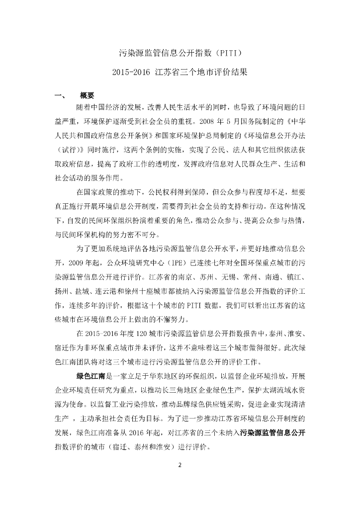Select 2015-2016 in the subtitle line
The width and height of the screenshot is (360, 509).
(131, 72)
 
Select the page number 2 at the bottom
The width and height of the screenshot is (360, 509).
(180, 465)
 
